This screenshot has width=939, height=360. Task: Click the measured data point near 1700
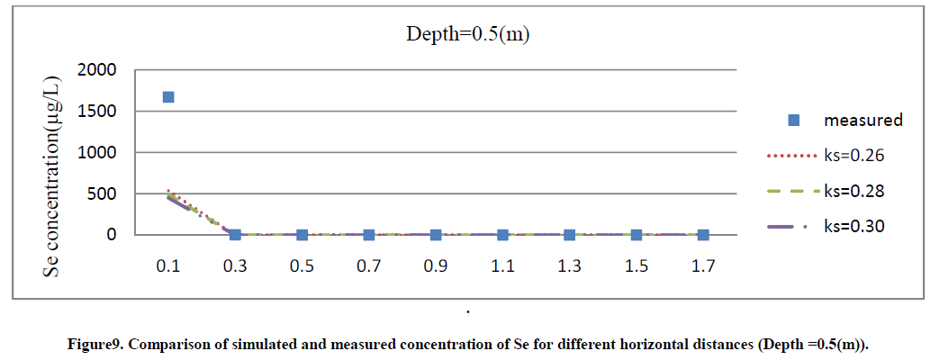[168, 97]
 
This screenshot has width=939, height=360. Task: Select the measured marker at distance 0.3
[235, 235]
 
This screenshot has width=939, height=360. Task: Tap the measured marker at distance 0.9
[436, 235]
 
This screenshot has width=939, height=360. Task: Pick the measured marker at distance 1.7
[703, 235]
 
